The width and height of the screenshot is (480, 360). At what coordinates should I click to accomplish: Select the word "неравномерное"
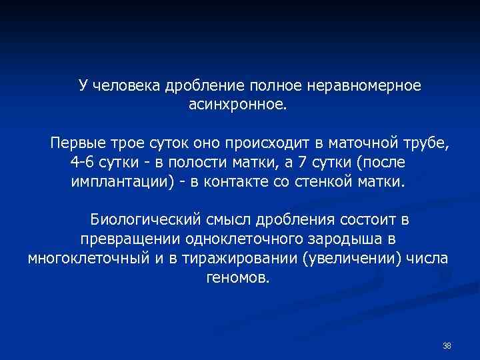(x=364, y=86)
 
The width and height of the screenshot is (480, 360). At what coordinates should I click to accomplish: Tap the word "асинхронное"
(x=237, y=105)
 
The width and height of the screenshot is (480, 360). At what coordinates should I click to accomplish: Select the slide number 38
(x=447, y=345)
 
